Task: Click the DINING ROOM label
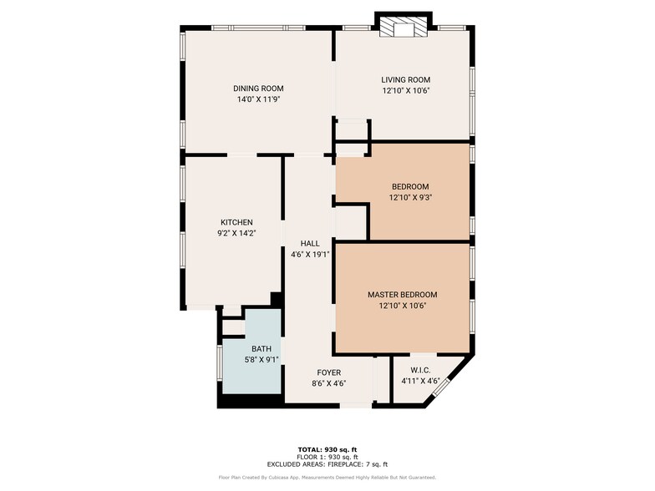[258, 89]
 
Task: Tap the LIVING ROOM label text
[406, 80]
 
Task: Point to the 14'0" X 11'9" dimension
[258, 99]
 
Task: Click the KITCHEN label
[236, 222]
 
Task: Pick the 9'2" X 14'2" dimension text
[236, 233]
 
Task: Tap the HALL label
[310, 243]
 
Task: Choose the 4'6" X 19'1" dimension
[310, 254]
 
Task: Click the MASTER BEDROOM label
[403, 295]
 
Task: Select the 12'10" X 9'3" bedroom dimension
[410, 197]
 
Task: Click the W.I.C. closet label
[420, 370]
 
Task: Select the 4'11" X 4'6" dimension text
[420, 381]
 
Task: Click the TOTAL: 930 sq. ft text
[327, 449]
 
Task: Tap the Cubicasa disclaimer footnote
[327, 478]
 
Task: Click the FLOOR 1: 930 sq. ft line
[327, 457]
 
